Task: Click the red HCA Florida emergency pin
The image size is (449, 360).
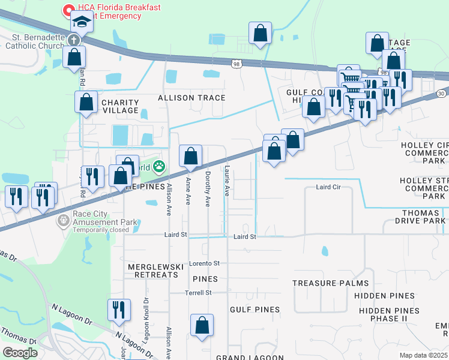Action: coord(67,10)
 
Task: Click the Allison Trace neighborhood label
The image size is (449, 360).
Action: coord(191,98)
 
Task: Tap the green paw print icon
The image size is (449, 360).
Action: coord(159,166)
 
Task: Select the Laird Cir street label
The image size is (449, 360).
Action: coord(328,187)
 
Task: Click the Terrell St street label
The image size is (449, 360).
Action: coord(199,292)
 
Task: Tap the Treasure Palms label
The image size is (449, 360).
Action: coord(325,283)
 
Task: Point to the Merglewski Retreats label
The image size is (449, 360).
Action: coord(153,270)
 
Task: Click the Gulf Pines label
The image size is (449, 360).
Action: coord(255,310)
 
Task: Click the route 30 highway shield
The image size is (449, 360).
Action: coord(441,94)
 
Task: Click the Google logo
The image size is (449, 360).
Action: coord(20,353)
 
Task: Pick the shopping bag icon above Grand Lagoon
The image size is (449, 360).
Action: coord(202,326)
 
